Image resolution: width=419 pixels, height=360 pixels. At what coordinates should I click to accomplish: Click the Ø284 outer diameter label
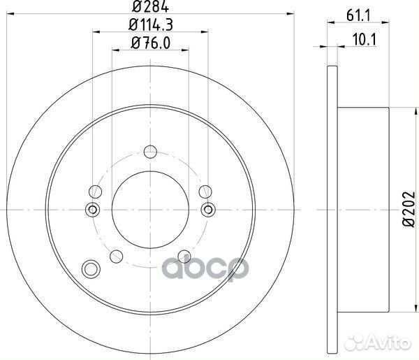click(150, 6)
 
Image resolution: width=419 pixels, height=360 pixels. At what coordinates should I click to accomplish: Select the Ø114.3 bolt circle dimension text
click(150, 24)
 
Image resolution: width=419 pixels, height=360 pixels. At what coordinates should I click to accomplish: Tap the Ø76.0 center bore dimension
click(150, 43)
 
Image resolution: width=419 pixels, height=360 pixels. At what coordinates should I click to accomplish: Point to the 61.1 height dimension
click(358, 16)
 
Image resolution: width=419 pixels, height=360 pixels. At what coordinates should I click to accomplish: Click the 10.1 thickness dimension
click(365, 40)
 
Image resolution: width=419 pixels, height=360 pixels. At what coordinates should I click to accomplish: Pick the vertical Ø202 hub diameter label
click(409, 210)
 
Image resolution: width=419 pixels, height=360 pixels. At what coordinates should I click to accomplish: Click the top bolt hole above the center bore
click(150, 152)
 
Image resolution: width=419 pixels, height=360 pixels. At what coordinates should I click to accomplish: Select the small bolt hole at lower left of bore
click(116, 257)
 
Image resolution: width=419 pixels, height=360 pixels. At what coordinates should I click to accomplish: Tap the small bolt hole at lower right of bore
click(184, 257)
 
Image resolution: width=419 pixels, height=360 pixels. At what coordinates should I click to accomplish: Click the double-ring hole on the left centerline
click(92, 210)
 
